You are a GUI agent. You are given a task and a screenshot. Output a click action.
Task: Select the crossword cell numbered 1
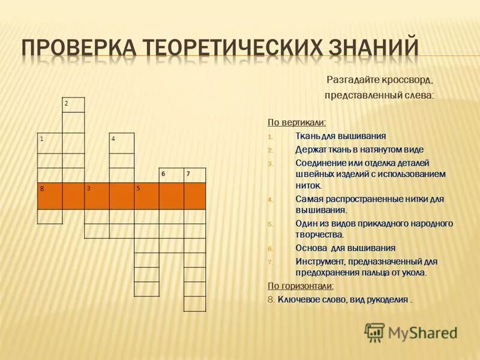(49, 143)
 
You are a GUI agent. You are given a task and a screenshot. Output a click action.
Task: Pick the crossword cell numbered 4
(122, 143)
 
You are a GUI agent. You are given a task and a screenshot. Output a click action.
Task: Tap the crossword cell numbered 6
(170, 175)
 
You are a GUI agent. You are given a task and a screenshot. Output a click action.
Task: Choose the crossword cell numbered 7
(194, 175)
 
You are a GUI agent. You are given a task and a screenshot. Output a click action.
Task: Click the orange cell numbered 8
(49, 195)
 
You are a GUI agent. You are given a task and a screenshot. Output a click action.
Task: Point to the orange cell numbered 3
(97, 195)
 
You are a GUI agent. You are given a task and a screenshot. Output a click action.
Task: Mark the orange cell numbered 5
(146, 195)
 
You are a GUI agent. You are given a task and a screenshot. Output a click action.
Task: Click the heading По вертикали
(296, 122)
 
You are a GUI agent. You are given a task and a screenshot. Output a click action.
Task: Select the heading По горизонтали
(301, 286)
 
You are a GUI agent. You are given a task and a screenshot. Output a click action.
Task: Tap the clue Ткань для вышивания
(340, 136)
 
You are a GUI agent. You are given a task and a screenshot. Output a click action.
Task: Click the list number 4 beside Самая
(270, 200)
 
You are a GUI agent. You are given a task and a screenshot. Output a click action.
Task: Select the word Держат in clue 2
(310, 149)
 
